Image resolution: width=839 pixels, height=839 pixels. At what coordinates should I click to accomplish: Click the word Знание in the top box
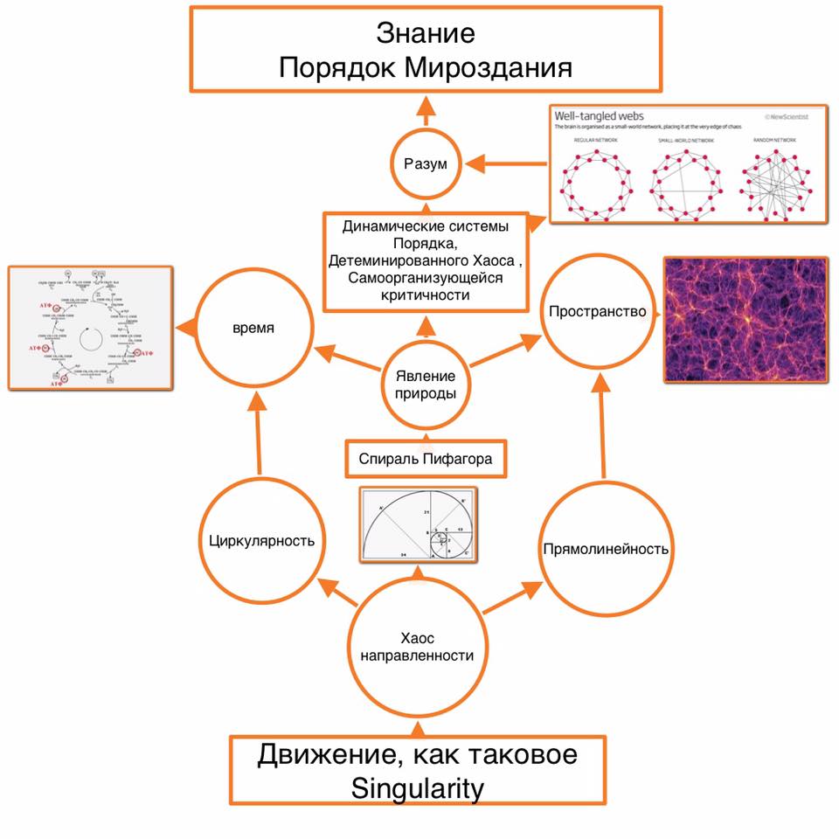[426, 33]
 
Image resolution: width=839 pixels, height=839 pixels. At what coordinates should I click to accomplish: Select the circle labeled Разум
[425, 163]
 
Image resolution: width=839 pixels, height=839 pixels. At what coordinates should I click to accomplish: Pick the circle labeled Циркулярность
[260, 539]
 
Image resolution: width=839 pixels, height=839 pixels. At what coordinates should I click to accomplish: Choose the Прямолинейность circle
[605, 549]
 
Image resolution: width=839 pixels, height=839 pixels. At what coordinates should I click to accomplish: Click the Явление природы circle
[425, 385]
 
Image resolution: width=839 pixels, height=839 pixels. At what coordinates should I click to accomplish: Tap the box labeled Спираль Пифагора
[426, 458]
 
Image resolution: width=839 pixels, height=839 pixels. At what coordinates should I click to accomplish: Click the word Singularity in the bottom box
[417, 788]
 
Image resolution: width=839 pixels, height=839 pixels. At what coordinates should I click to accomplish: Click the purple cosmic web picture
[745, 318]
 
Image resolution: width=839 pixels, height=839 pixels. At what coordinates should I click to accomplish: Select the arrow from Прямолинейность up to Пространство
[602, 428]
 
